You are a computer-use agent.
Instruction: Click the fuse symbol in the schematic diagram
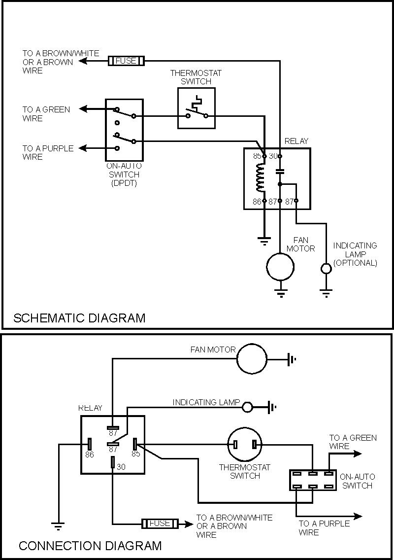click(x=126, y=61)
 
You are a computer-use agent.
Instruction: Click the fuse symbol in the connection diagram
click(x=160, y=523)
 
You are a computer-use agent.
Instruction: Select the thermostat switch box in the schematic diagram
click(x=196, y=108)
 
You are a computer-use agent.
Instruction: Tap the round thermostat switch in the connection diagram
click(x=245, y=445)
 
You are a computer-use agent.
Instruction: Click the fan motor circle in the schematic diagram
click(x=280, y=267)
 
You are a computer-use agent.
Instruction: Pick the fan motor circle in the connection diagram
click(x=251, y=358)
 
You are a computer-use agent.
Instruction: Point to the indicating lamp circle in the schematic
click(x=326, y=269)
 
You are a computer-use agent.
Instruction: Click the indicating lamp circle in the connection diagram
click(x=248, y=407)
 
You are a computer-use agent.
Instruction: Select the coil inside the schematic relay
click(x=261, y=178)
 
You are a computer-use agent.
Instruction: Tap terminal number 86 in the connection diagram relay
click(x=89, y=454)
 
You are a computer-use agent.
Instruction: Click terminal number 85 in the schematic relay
click(x=257, y=156)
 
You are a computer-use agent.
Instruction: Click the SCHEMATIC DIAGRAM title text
click(x=79, y=317)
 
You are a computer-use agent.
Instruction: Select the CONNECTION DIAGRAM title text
click(x=90, y=546)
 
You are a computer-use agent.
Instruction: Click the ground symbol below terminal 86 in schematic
click(x=264, y=241)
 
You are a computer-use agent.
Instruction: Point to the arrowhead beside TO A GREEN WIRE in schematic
click(x=84, y=109)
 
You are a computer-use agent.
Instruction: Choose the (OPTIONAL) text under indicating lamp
click(x=355, y=263)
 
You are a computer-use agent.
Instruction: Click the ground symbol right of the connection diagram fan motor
click(x=292, y=359)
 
